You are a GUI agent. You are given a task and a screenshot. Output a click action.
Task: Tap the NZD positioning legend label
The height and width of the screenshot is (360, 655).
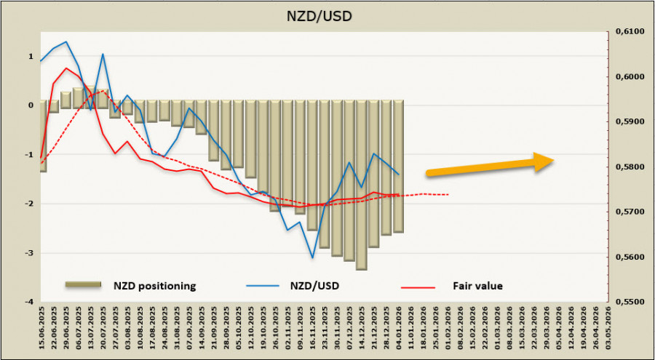[154, 286]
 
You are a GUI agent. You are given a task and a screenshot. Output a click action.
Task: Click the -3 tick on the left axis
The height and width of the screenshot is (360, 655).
[30, 253]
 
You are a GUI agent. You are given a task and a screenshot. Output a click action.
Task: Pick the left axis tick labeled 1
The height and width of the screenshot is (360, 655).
[31, 56]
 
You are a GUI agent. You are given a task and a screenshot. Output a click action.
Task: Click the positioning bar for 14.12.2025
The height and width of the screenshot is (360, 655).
[362, 185]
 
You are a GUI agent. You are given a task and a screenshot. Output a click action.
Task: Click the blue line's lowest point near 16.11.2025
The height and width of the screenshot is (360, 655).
[312, 257]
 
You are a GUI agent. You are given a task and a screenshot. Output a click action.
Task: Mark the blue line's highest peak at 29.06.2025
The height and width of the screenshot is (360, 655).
[66, 41]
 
